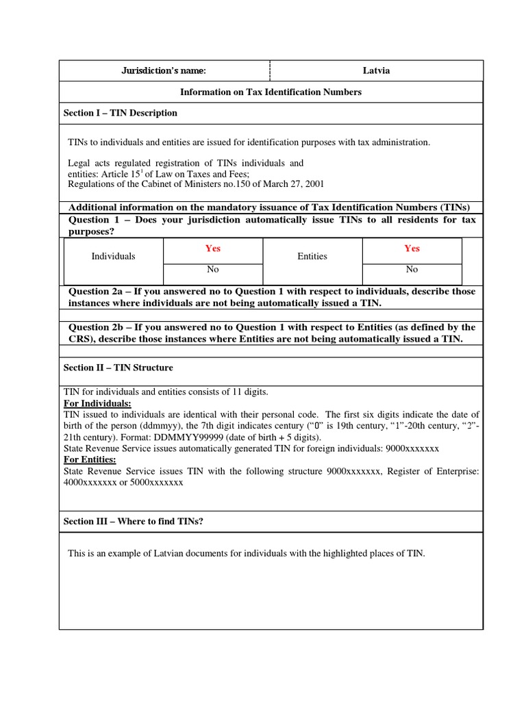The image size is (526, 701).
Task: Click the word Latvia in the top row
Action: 377,71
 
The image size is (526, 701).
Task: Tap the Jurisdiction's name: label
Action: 164,71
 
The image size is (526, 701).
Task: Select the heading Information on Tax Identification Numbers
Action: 271,92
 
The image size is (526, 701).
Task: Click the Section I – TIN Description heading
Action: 121,113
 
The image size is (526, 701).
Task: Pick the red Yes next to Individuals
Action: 213,248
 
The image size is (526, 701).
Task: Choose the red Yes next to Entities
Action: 412,248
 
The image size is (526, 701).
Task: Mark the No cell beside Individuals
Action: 213,270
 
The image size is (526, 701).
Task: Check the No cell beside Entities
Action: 412,270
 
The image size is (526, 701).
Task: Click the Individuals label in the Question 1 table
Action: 114,256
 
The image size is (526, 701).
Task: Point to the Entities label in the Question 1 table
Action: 312,256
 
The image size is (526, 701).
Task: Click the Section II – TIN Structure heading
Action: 118,368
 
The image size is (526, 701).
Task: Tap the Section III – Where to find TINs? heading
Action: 134,521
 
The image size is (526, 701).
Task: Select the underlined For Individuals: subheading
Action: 97,404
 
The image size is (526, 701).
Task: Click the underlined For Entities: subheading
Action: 90,459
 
